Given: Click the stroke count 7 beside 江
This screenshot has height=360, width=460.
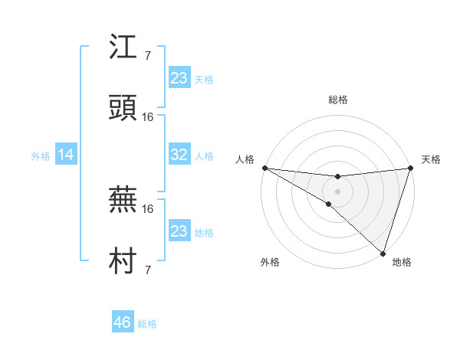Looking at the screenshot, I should coord(148,56).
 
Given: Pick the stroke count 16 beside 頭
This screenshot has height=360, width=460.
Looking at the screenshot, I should coord(148,117).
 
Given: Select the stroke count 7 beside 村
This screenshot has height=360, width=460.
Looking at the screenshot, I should coord(148,270).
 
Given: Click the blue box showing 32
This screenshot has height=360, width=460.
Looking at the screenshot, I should coord(179,155).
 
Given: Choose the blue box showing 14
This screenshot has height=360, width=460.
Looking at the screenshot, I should coord(66,155).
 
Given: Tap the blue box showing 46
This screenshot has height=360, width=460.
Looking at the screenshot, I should coord(122,322).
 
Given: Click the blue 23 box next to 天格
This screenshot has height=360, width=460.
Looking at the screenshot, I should coord(179,78).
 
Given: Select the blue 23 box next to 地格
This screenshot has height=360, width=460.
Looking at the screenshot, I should coord(179,231).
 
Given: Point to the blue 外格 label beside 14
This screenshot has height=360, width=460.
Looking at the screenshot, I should coord(41,155).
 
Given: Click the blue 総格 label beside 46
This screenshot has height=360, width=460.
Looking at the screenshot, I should coord(147,324).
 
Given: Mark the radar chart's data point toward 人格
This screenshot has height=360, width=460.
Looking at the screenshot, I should coord(264,168).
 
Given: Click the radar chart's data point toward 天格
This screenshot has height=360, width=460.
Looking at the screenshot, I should coord(409,168).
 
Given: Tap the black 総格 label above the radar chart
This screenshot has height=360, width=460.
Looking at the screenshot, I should coord(337,100).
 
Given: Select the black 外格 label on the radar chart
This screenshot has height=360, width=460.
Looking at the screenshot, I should coord(270,262).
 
